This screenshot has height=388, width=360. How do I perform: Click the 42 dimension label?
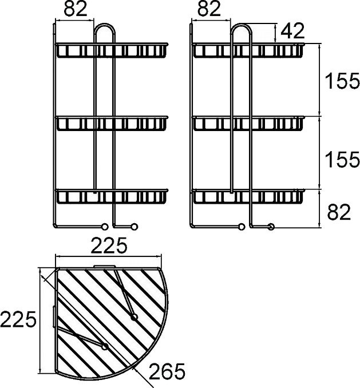292,31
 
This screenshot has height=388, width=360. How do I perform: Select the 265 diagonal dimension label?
167,371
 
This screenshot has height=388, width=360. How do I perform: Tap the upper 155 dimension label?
342,81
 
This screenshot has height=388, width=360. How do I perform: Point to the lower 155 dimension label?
342,159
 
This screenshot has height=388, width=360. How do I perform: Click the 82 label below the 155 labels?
339,212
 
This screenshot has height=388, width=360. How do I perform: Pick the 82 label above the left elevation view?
76,9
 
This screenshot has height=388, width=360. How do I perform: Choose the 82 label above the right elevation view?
209,9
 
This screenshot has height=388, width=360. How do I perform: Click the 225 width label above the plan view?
109,246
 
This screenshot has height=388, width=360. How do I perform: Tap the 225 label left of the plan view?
18,319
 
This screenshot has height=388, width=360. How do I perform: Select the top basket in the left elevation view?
112,50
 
